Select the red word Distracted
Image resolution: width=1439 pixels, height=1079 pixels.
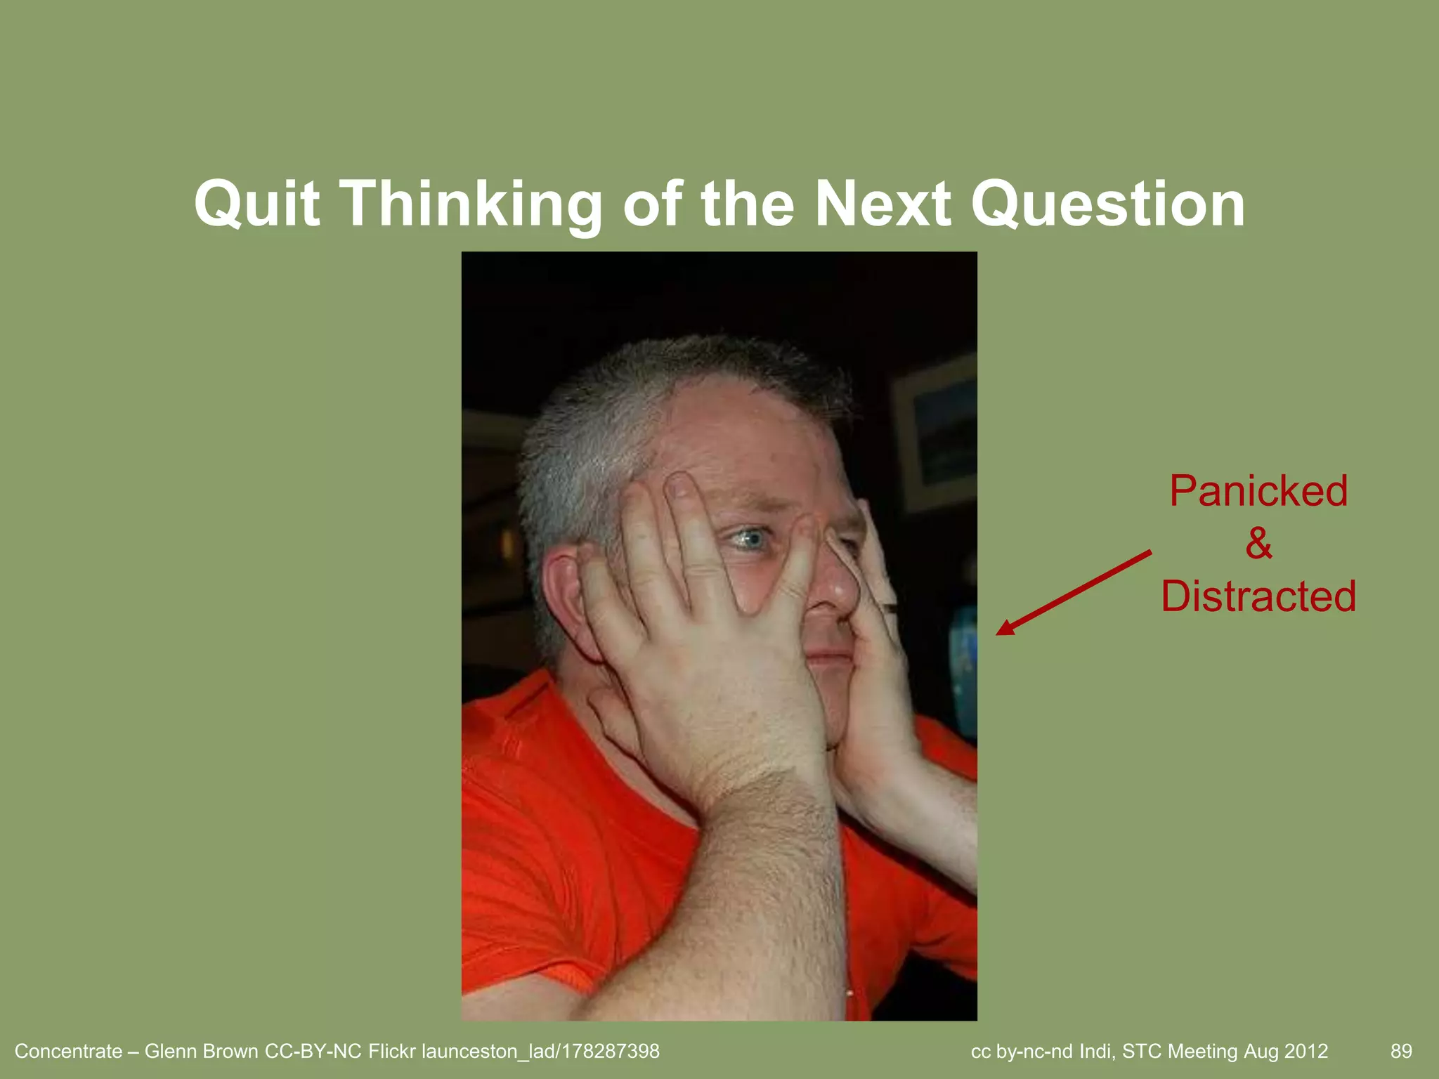click(1258, 596)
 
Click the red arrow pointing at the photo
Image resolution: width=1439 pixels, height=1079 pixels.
click(1074, 593)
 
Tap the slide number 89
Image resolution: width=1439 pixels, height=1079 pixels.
click(1401, 1051)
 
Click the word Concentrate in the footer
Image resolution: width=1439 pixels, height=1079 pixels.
click(68, 1051)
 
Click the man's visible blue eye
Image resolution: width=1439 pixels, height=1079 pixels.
click(746, 539)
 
